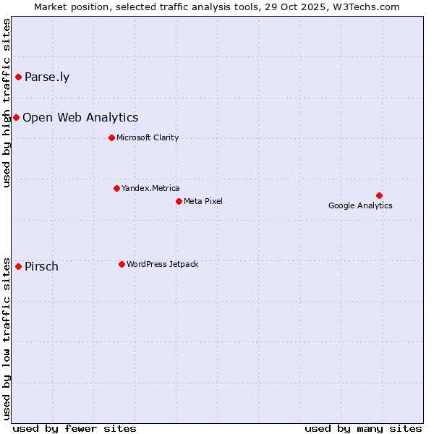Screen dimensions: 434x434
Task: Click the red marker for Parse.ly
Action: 18,77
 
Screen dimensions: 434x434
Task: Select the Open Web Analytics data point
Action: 16,117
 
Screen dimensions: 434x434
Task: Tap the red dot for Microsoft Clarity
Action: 111,137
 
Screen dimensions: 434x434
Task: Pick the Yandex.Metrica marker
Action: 116,188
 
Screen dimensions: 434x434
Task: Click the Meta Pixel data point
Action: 179,201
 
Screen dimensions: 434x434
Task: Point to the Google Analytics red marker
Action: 379,195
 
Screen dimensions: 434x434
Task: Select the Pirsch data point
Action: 18,266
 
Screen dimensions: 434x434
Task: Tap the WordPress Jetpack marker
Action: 122,264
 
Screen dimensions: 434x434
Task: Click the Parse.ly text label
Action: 47,77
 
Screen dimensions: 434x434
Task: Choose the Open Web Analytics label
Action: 80,118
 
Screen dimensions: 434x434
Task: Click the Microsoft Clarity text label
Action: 148,138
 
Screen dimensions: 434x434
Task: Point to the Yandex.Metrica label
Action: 150,189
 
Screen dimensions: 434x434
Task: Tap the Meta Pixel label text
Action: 203,201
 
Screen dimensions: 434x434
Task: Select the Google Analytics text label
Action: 360,205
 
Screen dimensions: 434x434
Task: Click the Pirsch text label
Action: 41,267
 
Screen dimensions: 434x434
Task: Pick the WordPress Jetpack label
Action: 162,265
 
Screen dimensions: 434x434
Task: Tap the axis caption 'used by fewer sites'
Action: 75,428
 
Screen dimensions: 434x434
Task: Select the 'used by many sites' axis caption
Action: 363,428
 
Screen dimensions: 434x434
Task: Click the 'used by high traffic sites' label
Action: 7,103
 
